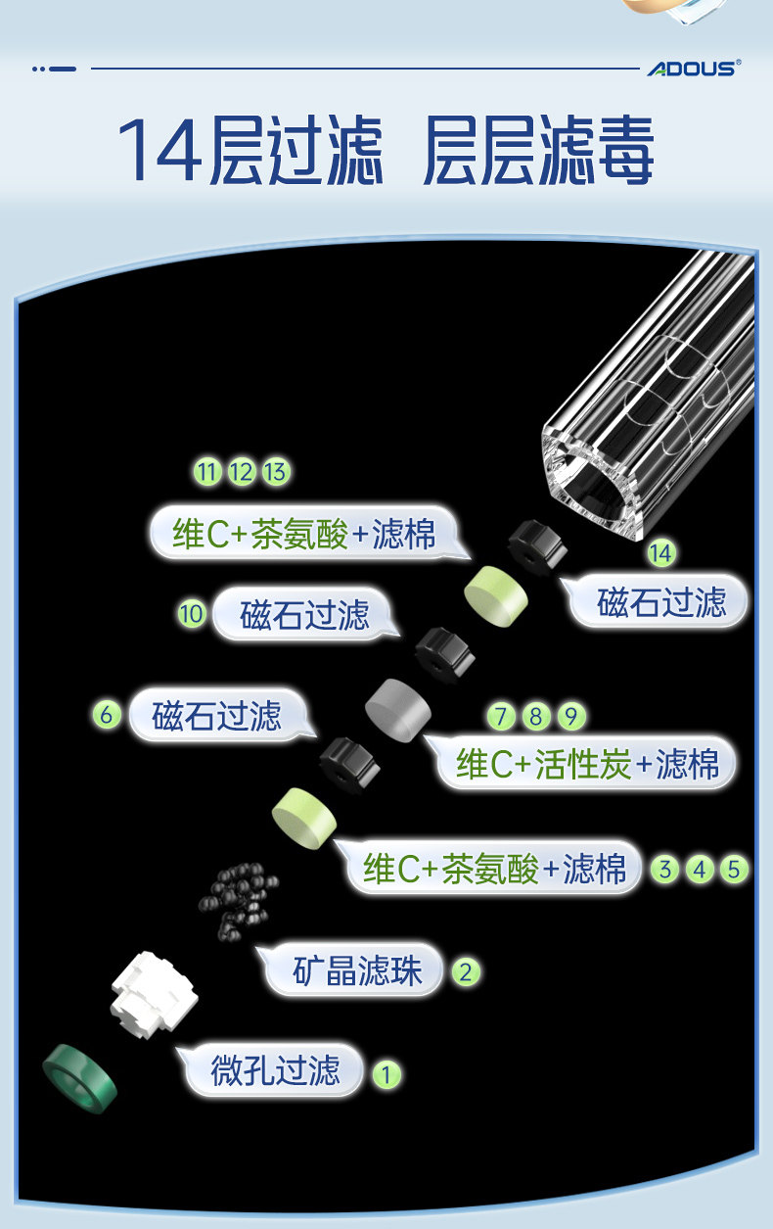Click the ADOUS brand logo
coord(694,68)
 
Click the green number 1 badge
coord(386,1074)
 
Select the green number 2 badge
coord(465,971)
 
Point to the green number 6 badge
coord(108,715)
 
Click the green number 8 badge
coord(535,717)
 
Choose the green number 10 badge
coord(192,614)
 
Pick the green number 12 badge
coord(241,472)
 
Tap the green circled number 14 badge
coord(661,553)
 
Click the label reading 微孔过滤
coord(275,1070)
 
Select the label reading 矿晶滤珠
coord(357,969)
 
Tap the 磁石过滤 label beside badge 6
coord(216,716)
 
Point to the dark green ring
coord(79,1080)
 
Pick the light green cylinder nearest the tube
coord(495,591)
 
